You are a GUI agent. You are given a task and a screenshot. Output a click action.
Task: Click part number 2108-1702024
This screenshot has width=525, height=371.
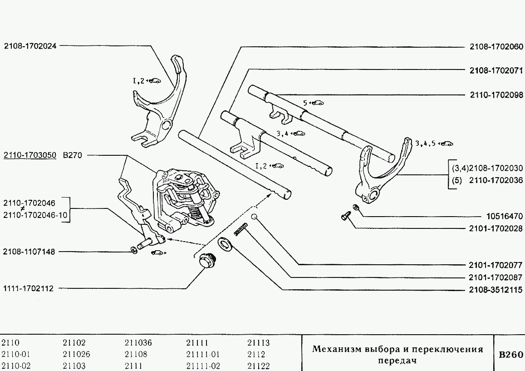click(30, 45)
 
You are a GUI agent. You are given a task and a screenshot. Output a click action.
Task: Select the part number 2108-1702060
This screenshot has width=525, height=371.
click(496, 46)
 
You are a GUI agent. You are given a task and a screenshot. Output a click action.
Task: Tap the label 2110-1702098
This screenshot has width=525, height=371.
click(496, 95)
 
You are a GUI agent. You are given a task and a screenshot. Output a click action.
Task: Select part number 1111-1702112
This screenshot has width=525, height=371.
click(28, 288)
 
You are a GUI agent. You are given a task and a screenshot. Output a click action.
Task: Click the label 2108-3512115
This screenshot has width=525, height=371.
click(496, 290)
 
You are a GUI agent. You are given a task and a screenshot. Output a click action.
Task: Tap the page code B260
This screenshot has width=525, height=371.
click(510, 355)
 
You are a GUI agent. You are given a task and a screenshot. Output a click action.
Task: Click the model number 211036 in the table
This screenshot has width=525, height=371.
click(138, 343)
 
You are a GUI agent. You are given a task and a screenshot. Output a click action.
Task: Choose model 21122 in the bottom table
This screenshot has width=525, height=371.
click(258, 366)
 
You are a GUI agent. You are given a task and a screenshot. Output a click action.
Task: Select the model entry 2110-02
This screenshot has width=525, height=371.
click(16, 366)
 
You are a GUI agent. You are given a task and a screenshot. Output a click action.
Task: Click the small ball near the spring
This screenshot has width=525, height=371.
click(255, 217)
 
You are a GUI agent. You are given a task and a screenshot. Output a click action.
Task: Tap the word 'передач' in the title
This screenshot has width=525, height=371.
click(397, 361)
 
